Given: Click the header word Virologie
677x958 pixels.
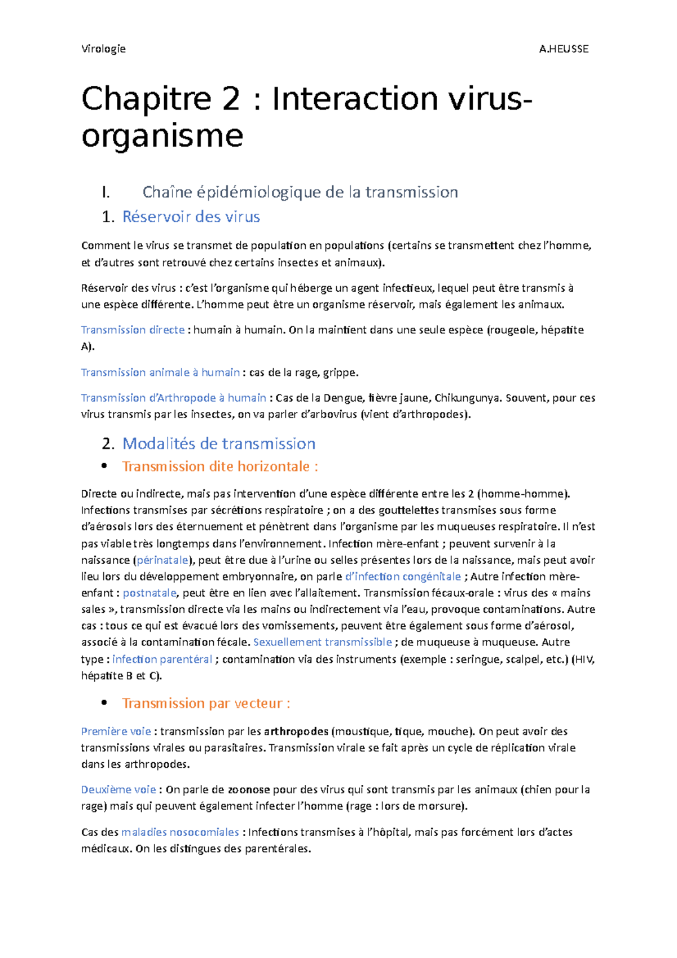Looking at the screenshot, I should [x=103, y=49].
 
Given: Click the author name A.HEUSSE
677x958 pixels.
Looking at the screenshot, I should [x=563, y=49].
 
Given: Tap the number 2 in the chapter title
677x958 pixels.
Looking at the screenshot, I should [x=230, y=99].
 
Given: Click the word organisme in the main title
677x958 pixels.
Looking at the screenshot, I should [x=162, y=136].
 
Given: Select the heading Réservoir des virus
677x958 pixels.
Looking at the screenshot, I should [x=191, y=217].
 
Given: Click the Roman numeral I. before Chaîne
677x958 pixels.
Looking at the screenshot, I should [x=105, y=192].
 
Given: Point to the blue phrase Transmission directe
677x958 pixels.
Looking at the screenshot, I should [x=133, y=329].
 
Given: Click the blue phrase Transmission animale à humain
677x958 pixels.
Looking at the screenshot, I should [x=160, y=372].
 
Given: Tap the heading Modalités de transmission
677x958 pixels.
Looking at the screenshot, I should [x=218, y=443].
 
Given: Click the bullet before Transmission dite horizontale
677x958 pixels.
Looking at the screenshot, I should [x=104, y=466].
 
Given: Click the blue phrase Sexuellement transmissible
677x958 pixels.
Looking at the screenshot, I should [x=323, y=642].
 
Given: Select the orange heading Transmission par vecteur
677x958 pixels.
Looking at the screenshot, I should [x=206, y=703].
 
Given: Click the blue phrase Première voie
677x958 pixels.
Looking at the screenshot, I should [x=116, y=731].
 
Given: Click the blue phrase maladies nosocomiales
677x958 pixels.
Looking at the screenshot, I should [x=180, y=832].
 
